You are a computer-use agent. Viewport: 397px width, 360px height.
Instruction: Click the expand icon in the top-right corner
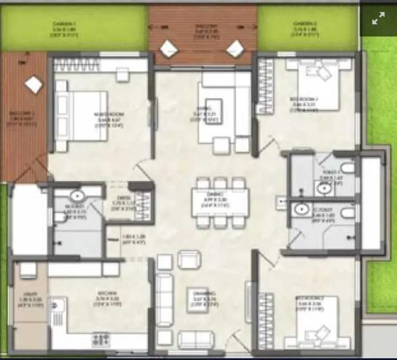click(x=378, y=19)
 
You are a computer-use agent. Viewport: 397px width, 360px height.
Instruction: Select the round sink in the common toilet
click(x=300, y=210)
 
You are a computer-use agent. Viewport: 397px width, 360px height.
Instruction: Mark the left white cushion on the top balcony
click(x=169, y=49)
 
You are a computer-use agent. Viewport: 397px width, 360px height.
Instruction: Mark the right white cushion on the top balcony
click(x=234, y=49)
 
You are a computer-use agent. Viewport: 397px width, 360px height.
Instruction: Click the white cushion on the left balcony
click(x=33, y=85)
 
